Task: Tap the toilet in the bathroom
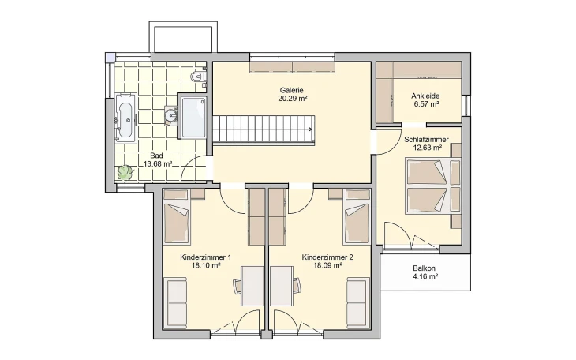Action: [198, 77]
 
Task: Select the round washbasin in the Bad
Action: [173, 116]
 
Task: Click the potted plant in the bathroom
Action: [124, 172]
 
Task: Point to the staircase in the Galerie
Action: [266, 126]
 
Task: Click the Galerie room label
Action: [292, 90]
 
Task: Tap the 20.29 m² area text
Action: [292, 99]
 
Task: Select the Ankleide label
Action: [425, 96]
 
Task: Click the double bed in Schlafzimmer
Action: [431, 186]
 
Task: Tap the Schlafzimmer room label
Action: [426, 140]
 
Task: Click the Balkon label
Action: [424, 268]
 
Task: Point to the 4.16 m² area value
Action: [424, 278]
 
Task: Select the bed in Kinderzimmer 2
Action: [357, 223]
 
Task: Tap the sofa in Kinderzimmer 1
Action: [175, 302]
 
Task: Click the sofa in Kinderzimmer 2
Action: [357, 302]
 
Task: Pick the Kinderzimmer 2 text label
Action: [327, 257]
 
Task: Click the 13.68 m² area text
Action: [157, 164]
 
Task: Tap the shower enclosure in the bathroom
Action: [193, 118]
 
